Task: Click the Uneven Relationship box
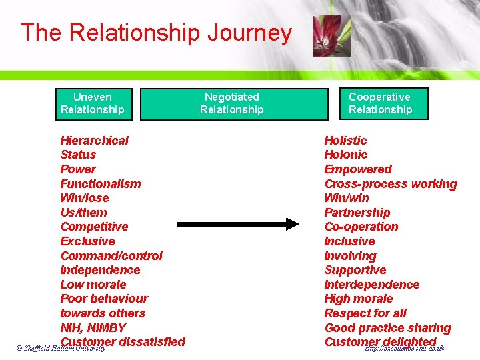pyautogui.click(x=93, y=103)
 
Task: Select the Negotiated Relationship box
pyautogui.click(x=231, y=103)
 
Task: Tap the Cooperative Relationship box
pyautogui.click(x=381, y=103)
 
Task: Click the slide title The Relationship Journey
pyautogui.click(x=156, y=33)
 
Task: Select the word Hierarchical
pyautogui.click(x=94, y=140)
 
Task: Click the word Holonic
pyautogui.click(x=345, y=155)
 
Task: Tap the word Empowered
pyautogui.click(x=358, y=169)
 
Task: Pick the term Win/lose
pyautogui.click(x=85, y=198)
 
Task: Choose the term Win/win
pyautogui.click(x=347, y=198)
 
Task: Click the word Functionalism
pyautogui.click(x=101, y=183)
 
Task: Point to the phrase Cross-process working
pyautogui.click(x=391, y=183)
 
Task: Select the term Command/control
pyautogui.click(x=111, y=256)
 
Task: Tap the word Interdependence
pyautogui.click(x=372, y=285)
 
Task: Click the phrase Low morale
pyautogui.click(x=93, y=285)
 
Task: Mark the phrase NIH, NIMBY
pyautogui.click(x=93, y=328)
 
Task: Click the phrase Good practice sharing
pyautogui.click(x=387, y=328)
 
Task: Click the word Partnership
pyautogui.click(x=357, y=213)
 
